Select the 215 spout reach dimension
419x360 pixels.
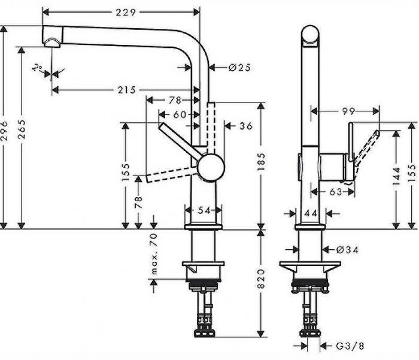tap(125, 90)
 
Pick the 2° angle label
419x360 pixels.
tap(38, 68)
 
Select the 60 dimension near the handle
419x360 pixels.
tap(179, 114)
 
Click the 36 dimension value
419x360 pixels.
tap(245, 126)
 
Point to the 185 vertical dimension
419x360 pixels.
tap(262, 162)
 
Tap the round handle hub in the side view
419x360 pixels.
tap(210, 167)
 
